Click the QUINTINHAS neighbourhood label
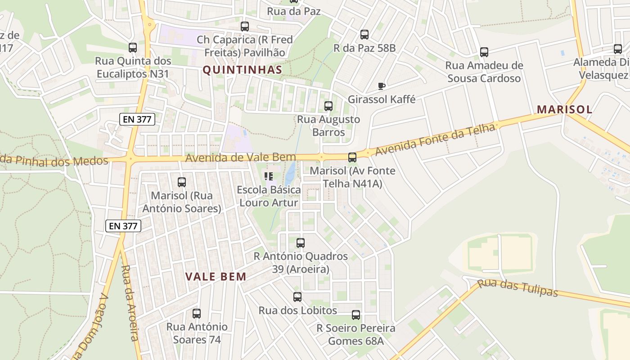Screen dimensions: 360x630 (242, 70)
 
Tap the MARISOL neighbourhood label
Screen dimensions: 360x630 (564, 109)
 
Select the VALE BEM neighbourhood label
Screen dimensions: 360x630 (216, 276)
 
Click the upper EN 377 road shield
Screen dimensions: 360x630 (137, 119)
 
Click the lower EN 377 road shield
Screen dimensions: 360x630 (123, 226)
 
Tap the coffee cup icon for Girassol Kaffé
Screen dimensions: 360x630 (382, 86)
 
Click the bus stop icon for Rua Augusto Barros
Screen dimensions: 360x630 (328, 106)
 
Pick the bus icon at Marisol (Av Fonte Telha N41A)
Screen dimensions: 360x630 (352, 157)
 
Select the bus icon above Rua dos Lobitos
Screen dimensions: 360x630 (297, 297)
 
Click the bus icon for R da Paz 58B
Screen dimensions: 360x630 (364, 34)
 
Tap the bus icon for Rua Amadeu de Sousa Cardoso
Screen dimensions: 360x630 (484, 52)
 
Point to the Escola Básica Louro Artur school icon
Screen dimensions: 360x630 (269, 176)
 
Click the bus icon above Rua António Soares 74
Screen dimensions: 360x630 (197, 314)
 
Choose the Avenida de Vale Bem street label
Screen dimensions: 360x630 (241, 157)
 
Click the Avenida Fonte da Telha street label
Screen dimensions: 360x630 (435, 139)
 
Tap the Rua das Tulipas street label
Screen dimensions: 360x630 (517, 288)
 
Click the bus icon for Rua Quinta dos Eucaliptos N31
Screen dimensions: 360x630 (132, 48)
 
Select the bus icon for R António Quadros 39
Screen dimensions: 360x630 (301, 243)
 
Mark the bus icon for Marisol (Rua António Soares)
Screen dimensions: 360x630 (182, 182)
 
